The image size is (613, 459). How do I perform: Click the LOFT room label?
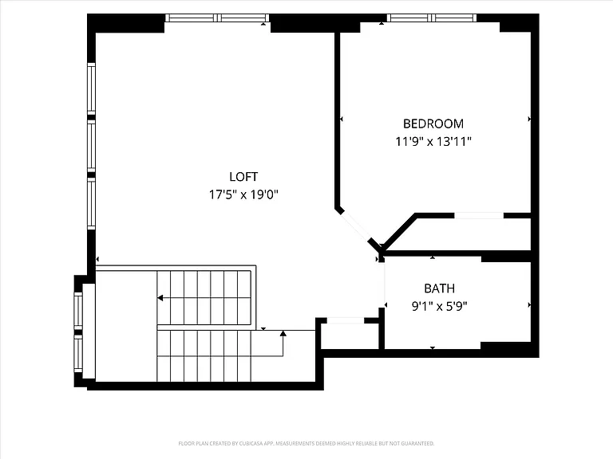coord(243,177)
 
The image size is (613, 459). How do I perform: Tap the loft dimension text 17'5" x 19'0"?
coord(243,194)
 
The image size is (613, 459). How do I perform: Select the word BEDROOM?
coord(433,124)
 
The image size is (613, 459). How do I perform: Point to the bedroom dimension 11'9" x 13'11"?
coord(433,141)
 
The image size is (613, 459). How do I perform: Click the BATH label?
coord(440,288)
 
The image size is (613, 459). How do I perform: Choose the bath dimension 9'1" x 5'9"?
coord(440,306)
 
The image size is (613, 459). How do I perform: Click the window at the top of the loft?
coord(217,18)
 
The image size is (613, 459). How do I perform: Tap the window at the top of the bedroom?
coord(432,18)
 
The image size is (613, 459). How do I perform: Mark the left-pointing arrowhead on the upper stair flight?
coord(160,298)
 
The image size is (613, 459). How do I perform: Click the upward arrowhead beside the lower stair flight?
coord(283,333)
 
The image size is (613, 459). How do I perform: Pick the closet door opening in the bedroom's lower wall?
coord(479,215)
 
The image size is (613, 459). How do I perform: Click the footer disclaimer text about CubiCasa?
coord(306,443)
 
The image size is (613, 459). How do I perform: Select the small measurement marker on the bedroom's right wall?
coord(529,119)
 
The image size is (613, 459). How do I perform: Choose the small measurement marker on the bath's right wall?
coord(529,305)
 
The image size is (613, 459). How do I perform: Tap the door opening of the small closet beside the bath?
coord(345,321)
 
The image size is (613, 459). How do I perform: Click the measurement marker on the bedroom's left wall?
coord(342,119)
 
